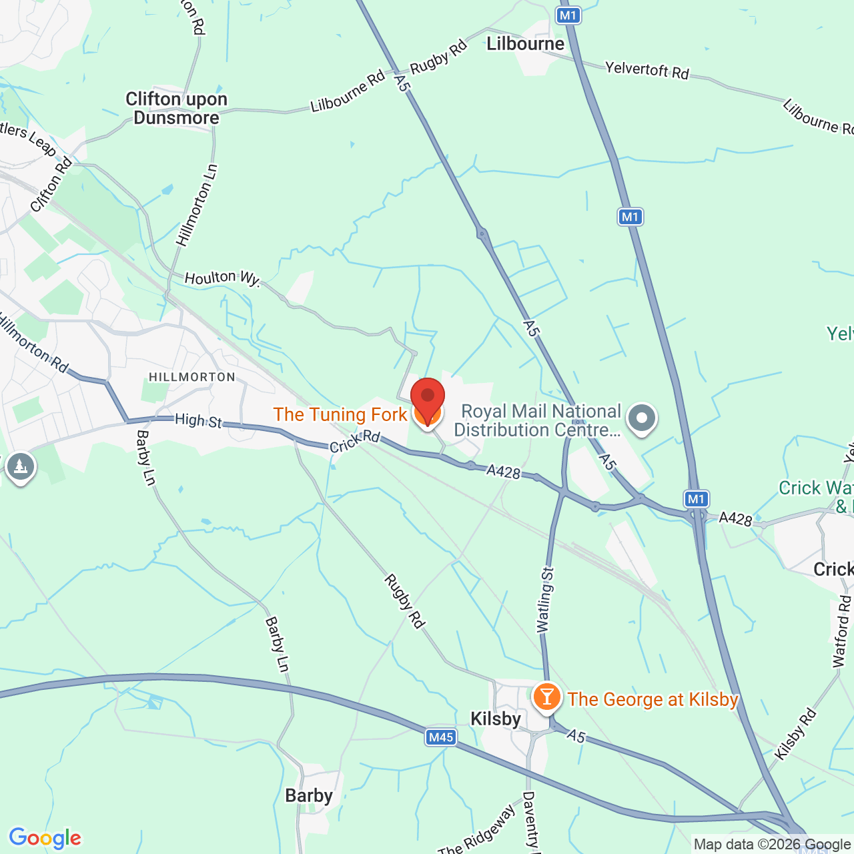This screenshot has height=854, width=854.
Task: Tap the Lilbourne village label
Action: click(525, 44)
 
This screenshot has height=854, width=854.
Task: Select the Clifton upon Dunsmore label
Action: click(176, 108)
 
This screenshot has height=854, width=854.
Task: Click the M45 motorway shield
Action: click(440, 737)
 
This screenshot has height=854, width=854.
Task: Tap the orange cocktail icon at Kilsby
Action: click(546, 697)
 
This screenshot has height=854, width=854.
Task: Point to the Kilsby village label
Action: click(495, 719)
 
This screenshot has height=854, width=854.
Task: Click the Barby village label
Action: click(308, 795)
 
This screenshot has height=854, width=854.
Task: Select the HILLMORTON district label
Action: click(192, 377)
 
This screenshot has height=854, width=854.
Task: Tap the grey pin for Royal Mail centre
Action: click(642, 419)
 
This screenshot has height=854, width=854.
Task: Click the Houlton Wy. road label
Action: click(222, 278)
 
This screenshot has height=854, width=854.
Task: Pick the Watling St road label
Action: click(545, 600)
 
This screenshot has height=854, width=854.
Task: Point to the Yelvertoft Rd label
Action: click(647, 69)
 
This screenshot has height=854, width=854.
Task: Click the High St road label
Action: click(198, 420)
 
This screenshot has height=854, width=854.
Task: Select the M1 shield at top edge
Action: click(568, 15)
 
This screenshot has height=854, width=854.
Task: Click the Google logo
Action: click(45, 838)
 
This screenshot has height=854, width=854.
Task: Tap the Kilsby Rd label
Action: click(795, 735)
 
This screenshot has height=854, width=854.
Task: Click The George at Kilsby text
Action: click(653, 699)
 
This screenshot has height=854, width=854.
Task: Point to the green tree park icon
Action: click(20, 466)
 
